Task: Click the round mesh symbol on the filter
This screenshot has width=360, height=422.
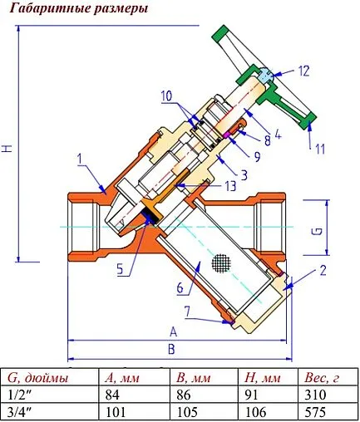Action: [219, 263]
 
